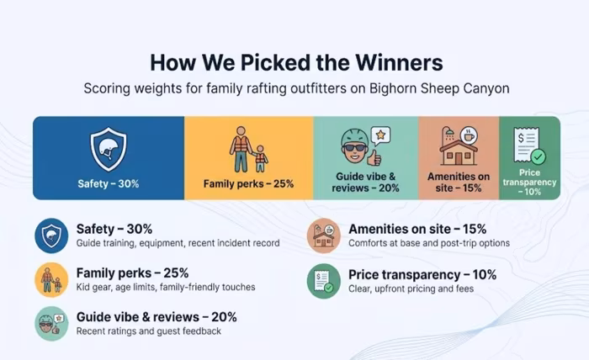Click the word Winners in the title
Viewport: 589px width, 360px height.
tap(400, 62)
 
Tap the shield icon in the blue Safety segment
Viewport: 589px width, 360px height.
tap(109, 149)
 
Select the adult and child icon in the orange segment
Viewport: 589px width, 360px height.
tap(249, 149)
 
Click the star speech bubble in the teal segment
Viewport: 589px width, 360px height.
tap(380, 135)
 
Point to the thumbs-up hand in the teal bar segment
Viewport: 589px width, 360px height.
tap(374, 158)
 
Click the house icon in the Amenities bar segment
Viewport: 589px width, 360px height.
tap(459, 152)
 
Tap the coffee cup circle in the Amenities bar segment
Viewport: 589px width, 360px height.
tap(469, 135)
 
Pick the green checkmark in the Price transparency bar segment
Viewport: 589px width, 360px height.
tap(539, 156)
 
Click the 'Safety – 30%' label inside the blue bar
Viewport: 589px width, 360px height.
tap(109, 184)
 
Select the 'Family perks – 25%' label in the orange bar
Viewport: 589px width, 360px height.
tap(249, 184)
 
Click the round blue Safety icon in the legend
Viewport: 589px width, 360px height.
tap(51, 236)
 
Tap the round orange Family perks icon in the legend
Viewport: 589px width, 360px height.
tap(51, 279)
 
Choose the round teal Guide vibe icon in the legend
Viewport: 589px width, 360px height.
tap(51, 324)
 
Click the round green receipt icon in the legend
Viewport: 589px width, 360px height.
tap(324, 281)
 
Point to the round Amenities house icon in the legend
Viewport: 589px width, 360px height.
tap(324, 236)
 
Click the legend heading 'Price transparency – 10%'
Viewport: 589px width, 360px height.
tap(422, 275)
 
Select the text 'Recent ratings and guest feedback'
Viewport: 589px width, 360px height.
tap(149, 331)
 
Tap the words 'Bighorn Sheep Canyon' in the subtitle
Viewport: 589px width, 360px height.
tap(439, 89)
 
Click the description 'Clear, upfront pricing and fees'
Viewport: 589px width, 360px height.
tap(411, 289)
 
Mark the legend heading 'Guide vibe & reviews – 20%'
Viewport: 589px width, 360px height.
tap(157, 317)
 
